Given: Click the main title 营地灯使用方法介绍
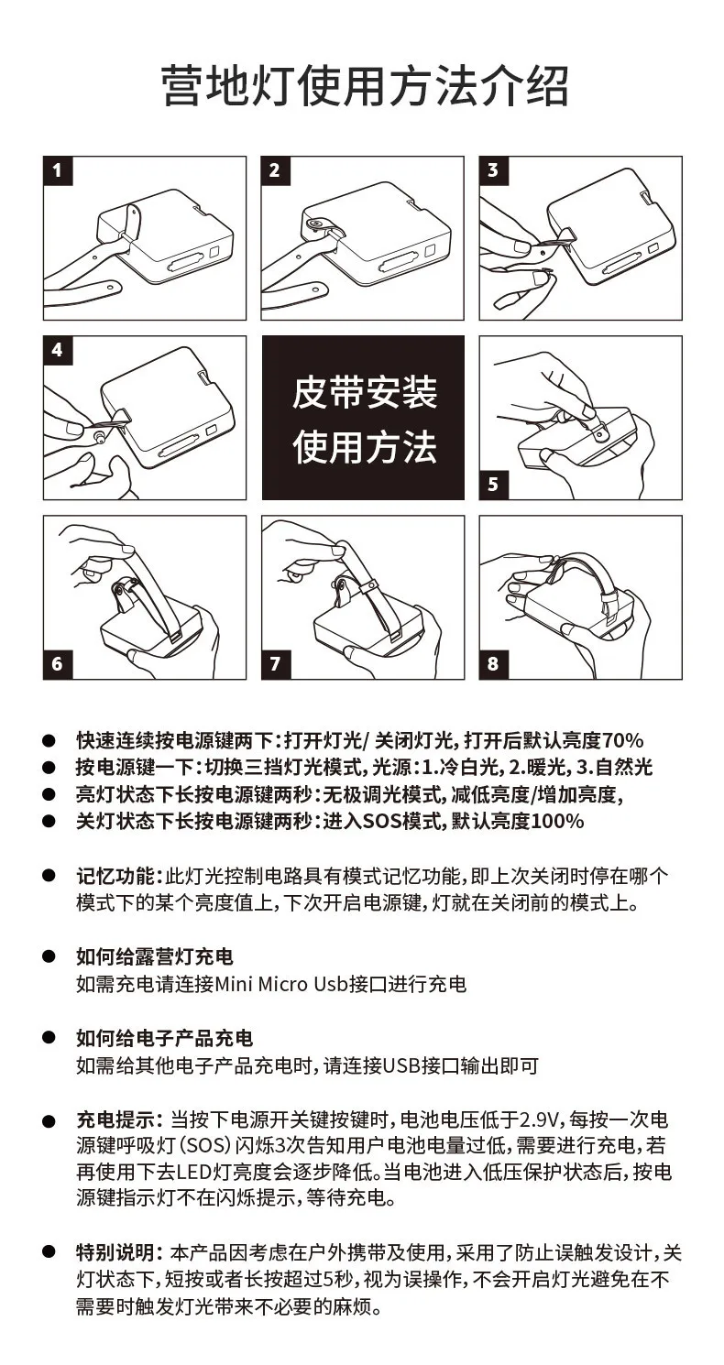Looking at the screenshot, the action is click(365, 86).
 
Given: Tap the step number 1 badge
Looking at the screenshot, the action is click(58, 170).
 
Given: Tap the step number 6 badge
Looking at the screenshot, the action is click(58, 664).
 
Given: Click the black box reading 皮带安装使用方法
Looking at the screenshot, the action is click(363, 418).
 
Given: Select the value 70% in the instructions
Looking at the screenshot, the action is click(622, 740).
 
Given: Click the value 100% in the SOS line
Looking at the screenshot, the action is click(557, 821).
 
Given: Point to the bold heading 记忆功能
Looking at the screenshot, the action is click(115, 877).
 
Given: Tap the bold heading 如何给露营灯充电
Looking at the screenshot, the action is click(154, 956).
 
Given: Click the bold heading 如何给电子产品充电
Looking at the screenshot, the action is click(164, 1038).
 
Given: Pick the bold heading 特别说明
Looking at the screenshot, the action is click(115, 1253).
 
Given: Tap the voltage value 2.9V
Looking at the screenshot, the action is click(539, 1119).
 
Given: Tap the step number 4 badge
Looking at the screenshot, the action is click(58, 350).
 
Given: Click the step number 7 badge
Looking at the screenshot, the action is click(276, 664).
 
